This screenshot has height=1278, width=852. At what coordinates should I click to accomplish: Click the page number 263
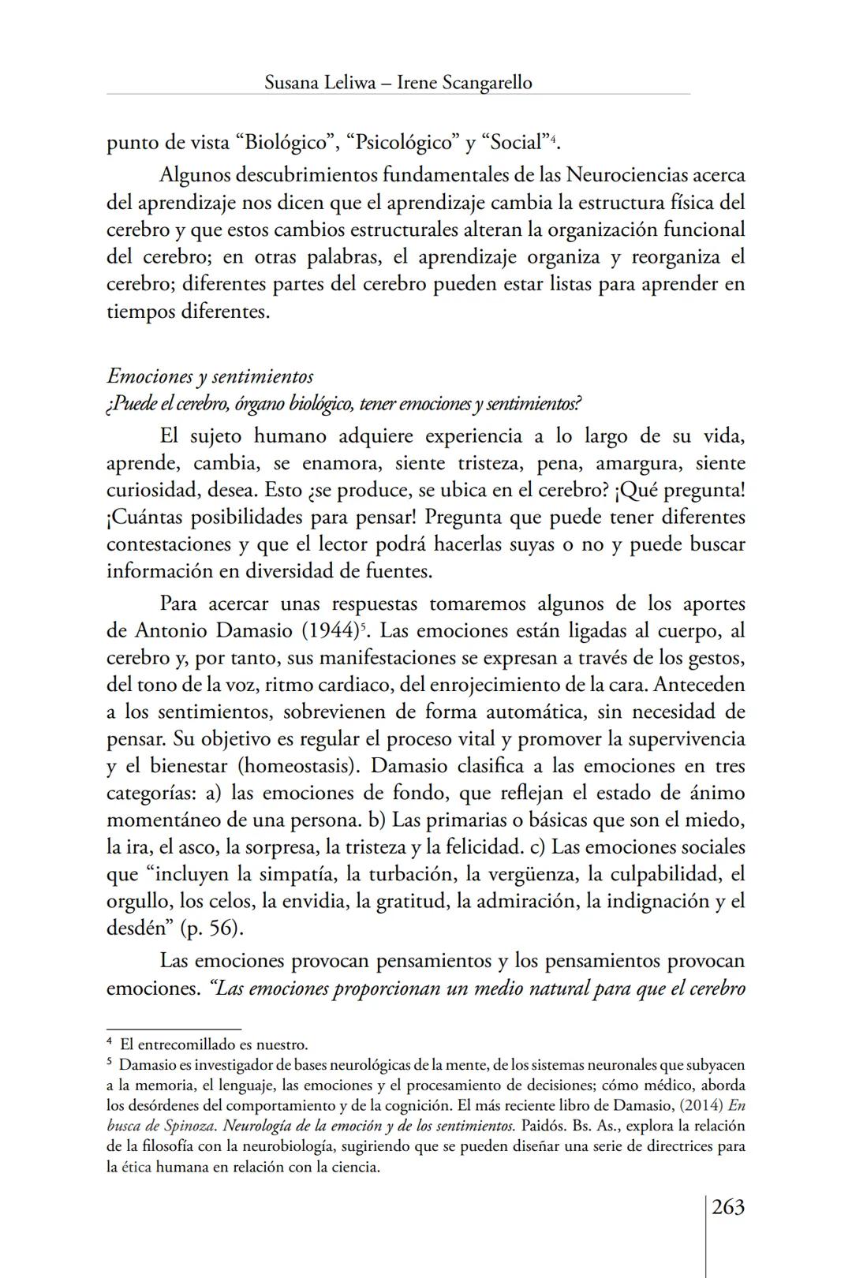727,1207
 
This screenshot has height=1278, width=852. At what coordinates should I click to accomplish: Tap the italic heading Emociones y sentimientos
210,376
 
